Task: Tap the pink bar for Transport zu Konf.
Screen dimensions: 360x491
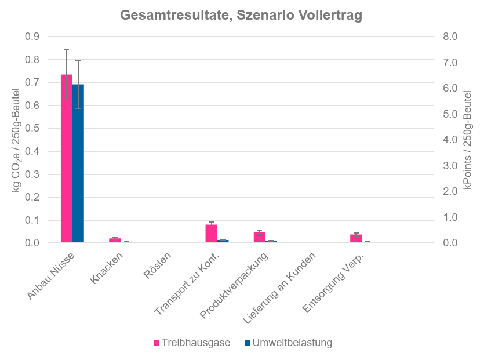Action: pyautogui.click(x=211, y=234)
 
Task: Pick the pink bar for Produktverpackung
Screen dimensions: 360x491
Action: pyautogui.click(x=259, y=237)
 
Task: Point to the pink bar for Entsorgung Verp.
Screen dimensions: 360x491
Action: pyautogui.click(x=355, y=238)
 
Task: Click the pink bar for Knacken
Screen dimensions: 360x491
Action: pyautogui.click(x=115, y=240)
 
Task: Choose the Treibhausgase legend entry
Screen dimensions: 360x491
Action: pyautogui.click(x=191, y=343)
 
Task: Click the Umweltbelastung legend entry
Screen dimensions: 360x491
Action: pyautogui.click(x=288, y=343)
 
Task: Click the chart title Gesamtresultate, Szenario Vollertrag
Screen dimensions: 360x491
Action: pyautogui.click(x=241, y=16)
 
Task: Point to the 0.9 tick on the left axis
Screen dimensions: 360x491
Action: pyautogui.click(x=32, y=37)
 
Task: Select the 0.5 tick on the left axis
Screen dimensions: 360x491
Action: pyautogui.click(x=32, y=128)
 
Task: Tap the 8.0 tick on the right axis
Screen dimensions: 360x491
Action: pyautogui.click(x=450, y=37)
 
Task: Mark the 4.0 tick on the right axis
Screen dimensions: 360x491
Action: pyautogui.click(x=450, y=140)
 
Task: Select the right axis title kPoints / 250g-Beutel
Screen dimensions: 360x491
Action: pyautogui.click(x=467, y=139)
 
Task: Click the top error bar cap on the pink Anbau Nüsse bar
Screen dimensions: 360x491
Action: pyautogui.click(x=66, y=49)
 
